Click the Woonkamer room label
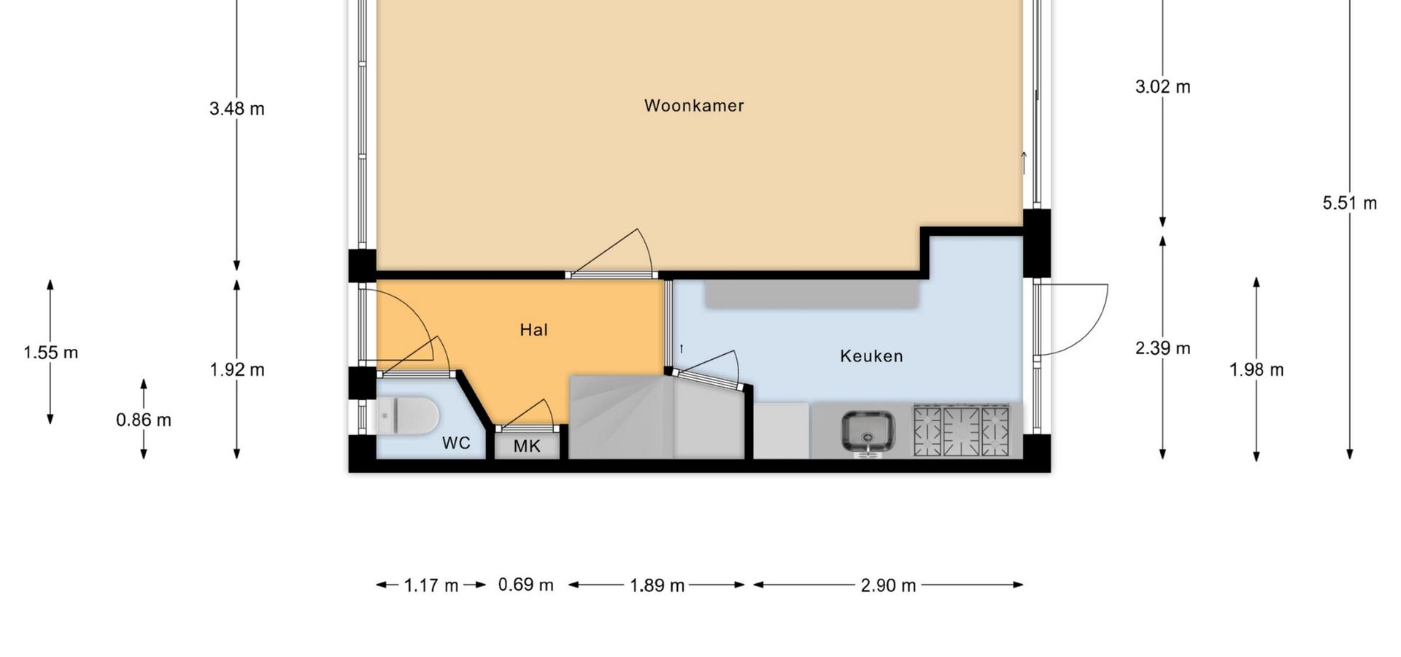point(694,106)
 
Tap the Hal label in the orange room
point(533,330)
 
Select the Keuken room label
point(871,356)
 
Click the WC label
point(456,443)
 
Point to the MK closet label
point(527,446)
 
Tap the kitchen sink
point(868,433)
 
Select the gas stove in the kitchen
point(962,431)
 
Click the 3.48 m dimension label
point(237,109)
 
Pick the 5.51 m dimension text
point(1350,203)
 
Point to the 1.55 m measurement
point(50,353)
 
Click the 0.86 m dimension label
point(144,420)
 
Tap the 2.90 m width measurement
point(888,585)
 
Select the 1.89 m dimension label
point(657,585)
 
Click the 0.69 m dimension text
point(526,585)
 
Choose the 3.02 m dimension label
point(1163,87)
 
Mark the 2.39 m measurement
point(1163,348)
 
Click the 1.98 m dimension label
point(1257,370)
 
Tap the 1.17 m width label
point(431,585)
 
